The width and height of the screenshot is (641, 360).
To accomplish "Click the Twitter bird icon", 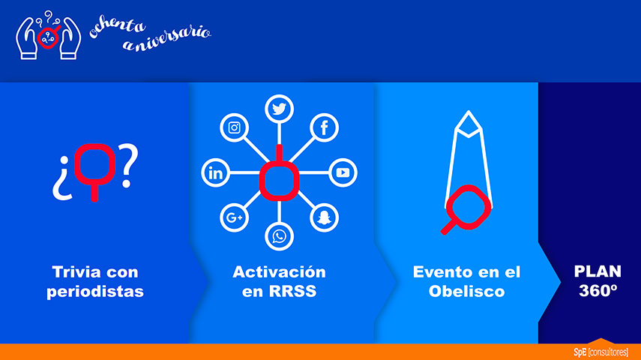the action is click(x=279, y=109).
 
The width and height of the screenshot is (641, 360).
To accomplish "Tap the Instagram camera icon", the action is click(x=234, y=127).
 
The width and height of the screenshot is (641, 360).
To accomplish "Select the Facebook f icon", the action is click(x=324, y=127).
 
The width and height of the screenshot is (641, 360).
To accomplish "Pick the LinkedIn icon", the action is click(x=215, y=172).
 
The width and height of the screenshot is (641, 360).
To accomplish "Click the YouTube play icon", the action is click(x=343, y=172).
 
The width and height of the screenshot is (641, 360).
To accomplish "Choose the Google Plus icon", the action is click(x=234, y=217).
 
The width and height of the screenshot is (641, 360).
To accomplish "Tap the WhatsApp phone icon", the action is click(x=279, y=236).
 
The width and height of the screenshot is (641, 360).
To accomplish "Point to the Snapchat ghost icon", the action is click(x=324, y=217).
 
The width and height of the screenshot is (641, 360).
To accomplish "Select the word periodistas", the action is click(x=95, y=291).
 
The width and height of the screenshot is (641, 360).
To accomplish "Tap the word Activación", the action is click(x=279, y=271).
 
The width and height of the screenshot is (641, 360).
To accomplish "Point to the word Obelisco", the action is click(x=466, y=291).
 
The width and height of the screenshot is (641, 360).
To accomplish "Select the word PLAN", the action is click(x=598, y=271).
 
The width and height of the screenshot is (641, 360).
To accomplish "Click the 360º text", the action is click(x=598, y=290).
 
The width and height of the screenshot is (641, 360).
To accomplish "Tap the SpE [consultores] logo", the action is click(x=601, y=352).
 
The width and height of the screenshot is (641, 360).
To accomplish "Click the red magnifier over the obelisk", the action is click(x=466, y=209).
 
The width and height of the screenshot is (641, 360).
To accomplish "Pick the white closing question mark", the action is click(x=128, y=165).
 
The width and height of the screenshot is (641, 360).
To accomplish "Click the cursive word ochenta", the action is click(x=117, y=27).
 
